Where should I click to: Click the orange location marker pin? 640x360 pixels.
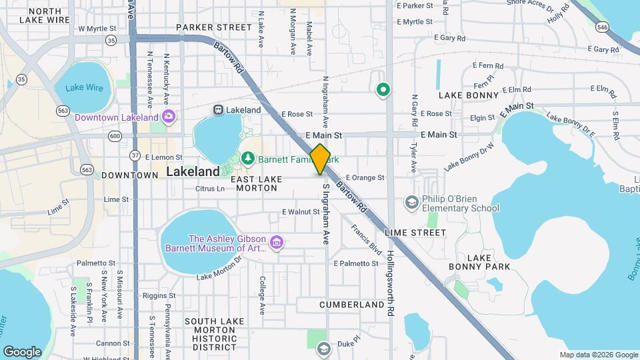click(320, 159)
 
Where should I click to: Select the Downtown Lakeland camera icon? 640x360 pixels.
click(169, 117)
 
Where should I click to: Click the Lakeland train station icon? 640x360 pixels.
click(218, 109)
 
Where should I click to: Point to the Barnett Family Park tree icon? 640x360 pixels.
click(249, 158)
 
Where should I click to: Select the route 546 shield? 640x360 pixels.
click(603, 27)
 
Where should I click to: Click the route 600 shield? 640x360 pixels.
click(115, 136)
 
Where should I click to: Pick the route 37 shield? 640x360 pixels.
click(135, 155)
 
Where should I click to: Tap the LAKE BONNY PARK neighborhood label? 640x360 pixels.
click(489, 262)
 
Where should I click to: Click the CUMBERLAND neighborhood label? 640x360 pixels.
click(351, 305)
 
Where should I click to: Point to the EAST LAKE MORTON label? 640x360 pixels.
click(254, 183)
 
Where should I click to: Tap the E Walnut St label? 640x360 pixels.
click(301, 212)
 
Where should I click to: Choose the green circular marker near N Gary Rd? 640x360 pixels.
click(383, 89)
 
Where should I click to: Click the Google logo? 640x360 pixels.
click(22, 352)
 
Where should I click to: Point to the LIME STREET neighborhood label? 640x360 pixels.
click(415, 233)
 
